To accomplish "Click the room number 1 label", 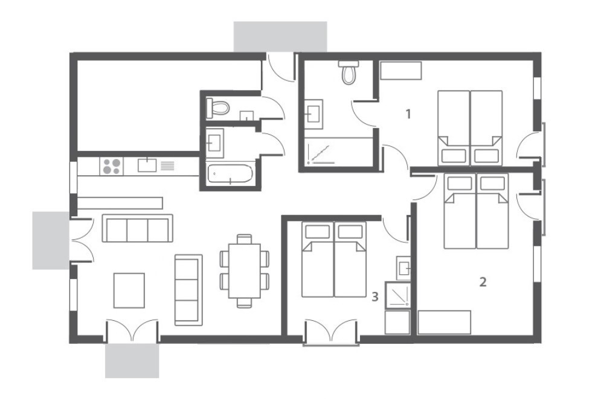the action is [408, 114].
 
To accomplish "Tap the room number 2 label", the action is [483, 282].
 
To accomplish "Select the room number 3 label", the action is [375, 297].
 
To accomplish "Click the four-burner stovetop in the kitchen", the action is [112, 166].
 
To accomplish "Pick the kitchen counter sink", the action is [147, 166].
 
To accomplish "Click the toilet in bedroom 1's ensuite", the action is [349, 72].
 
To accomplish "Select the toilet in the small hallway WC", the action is [218, 108].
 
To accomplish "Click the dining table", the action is [244, 271].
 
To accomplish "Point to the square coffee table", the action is [129, 291].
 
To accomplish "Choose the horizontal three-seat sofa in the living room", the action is [138, 228].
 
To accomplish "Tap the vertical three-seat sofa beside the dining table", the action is [188, 290].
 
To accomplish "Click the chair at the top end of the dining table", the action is [244, 239].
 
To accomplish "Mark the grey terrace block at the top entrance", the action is [280, 37].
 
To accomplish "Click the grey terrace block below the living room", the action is [132, 361].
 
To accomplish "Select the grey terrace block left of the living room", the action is [51, 240].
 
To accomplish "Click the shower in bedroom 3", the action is [398, 295].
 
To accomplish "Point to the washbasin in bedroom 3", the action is [403, 266].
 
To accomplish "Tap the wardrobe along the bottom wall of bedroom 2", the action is [444, 322].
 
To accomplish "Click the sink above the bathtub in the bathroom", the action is [214, 143].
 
